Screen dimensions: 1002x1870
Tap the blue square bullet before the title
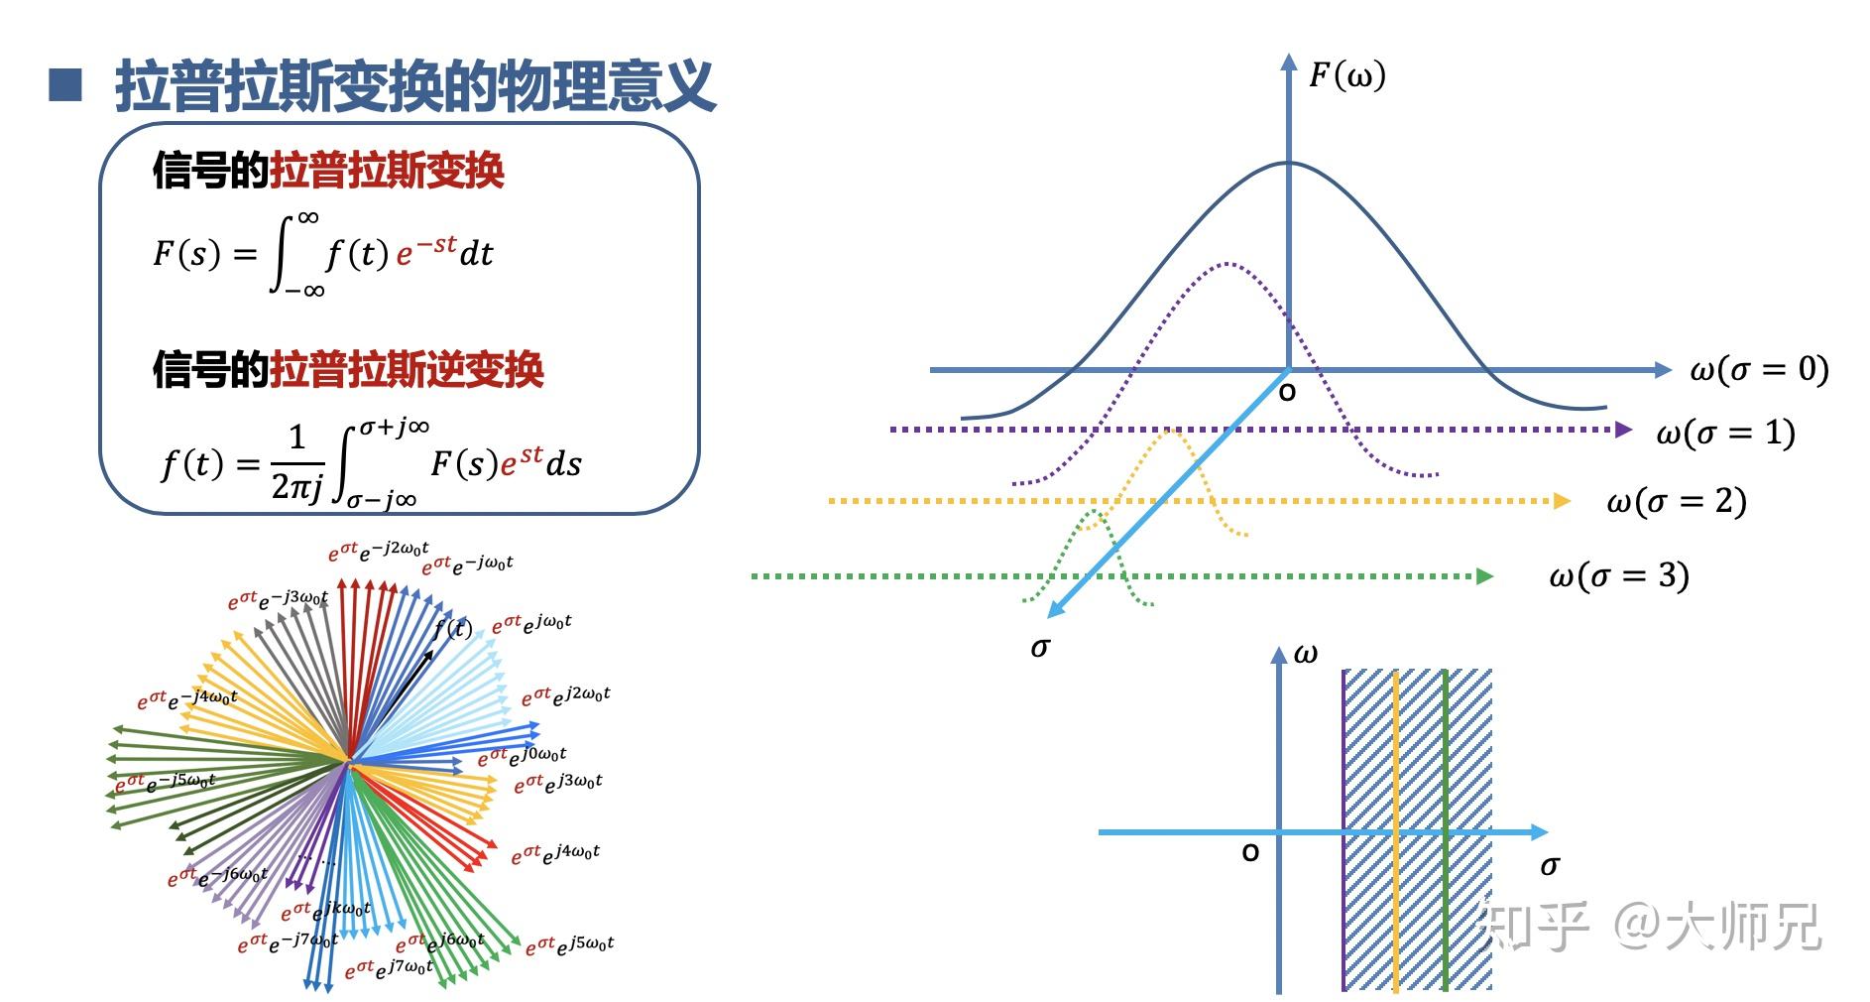65,85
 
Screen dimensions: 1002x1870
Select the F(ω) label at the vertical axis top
1346,75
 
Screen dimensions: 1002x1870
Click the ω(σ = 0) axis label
1759,370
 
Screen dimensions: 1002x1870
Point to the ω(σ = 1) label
1725,433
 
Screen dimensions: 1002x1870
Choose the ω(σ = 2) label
1676,502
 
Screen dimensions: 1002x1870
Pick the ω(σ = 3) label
1618,576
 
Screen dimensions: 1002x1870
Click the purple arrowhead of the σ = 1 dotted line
1623,430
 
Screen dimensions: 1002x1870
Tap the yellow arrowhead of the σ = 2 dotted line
1562,501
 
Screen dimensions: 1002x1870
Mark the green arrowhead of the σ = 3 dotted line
1485,576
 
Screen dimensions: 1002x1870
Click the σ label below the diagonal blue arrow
1040,648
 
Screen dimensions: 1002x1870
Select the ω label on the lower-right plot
1306,654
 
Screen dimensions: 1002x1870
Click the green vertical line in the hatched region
1446,831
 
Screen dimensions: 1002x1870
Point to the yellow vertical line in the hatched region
1395,831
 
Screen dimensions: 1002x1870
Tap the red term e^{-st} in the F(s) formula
426,251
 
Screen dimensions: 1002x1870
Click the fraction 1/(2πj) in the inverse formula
296,462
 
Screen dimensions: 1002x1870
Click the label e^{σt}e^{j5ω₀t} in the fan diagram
569,944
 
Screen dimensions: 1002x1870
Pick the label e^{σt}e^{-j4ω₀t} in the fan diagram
187,699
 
